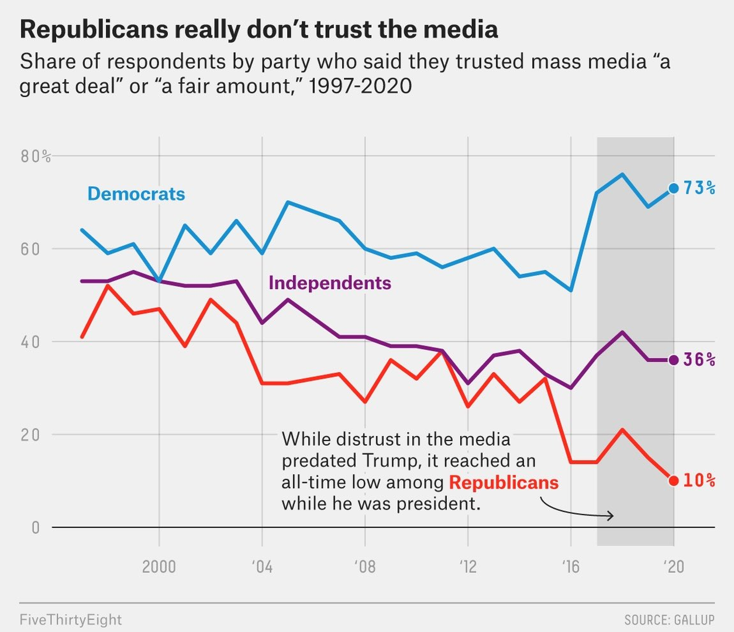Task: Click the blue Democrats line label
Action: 136,194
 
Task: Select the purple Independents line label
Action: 329,283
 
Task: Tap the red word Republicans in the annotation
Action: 504,482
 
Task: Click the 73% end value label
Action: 699,188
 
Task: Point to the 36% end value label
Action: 699,359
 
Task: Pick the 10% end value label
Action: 699,480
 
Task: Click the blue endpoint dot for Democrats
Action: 674,188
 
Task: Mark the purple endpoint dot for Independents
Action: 674,360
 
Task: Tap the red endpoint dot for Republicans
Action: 674,481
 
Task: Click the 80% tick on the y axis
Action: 36,156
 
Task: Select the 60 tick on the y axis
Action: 30,249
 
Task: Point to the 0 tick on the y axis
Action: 36,528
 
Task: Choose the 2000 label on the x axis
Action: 158,566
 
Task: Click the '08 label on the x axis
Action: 365,566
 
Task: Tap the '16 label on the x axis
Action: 571,566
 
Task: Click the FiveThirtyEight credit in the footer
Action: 71,620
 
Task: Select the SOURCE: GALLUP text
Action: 669,620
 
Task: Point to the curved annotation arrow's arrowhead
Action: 611,516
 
